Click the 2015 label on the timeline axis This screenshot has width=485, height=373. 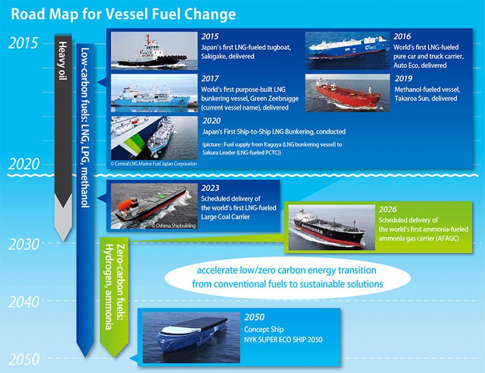[x=23, y=43]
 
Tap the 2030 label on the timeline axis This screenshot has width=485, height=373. [x=24, y=244]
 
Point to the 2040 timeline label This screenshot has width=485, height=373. [x=24, y=302]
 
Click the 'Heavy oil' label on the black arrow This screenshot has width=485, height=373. [x=63, y=60]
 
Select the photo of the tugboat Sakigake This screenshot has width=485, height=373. [x=154, y=50]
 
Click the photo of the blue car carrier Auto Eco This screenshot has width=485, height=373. [x=348, y=50]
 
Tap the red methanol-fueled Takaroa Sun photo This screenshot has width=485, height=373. [x=348, y=93]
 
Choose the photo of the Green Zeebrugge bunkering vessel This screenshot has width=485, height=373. [x=154, y=93]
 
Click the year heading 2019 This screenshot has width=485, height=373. [x=403, y=78]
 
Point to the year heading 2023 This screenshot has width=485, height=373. [x=210, y=188]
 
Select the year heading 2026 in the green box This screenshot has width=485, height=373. [x=387, y=209]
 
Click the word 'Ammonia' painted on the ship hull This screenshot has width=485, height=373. [x=312, y=229]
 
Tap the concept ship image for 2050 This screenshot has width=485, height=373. [x=191, y=338]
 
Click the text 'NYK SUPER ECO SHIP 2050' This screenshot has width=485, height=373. [x=283, y=339]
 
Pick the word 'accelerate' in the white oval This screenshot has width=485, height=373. [x=217, y=271]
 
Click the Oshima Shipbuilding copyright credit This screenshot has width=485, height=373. [x=173, y=226]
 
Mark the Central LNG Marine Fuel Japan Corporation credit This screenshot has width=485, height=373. [x=154, y=164]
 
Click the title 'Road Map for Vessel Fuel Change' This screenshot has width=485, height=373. [x=123, y=14]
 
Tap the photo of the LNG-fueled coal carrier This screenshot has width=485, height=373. [x=154, y=206]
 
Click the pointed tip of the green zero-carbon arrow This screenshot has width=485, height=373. [x=114, y=357]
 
